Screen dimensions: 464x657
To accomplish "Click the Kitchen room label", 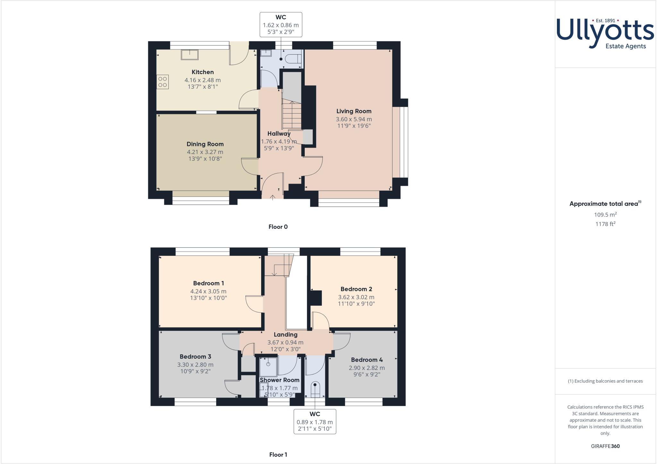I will coord(202,72).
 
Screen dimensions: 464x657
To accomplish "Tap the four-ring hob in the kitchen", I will coord(163,82).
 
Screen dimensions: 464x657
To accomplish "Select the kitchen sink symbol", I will coord(190,55).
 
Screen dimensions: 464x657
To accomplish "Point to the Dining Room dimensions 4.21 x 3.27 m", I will coord(205,152).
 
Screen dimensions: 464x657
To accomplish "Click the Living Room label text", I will coord(354,111).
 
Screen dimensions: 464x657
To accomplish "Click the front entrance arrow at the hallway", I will coord(272,197).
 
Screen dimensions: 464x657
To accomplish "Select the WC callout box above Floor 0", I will coord(281,24).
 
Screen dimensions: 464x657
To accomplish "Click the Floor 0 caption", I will coord(278,227).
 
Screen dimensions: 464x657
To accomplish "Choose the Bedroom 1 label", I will coord(209,283).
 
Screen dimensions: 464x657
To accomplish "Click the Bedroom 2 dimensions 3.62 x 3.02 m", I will coord(356,297).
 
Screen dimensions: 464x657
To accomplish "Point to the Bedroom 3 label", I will coord(195,357).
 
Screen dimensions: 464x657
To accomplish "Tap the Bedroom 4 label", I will coord(367,360).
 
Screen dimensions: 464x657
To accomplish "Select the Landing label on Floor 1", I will coord(286,334).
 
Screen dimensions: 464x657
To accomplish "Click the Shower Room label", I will coord(279,380).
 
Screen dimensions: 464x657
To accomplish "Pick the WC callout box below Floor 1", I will coord(315,421).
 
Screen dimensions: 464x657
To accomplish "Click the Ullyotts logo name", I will coord(605,32).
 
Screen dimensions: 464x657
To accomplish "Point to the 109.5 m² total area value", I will coord(605,215).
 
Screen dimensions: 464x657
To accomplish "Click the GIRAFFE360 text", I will coord(605,446).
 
